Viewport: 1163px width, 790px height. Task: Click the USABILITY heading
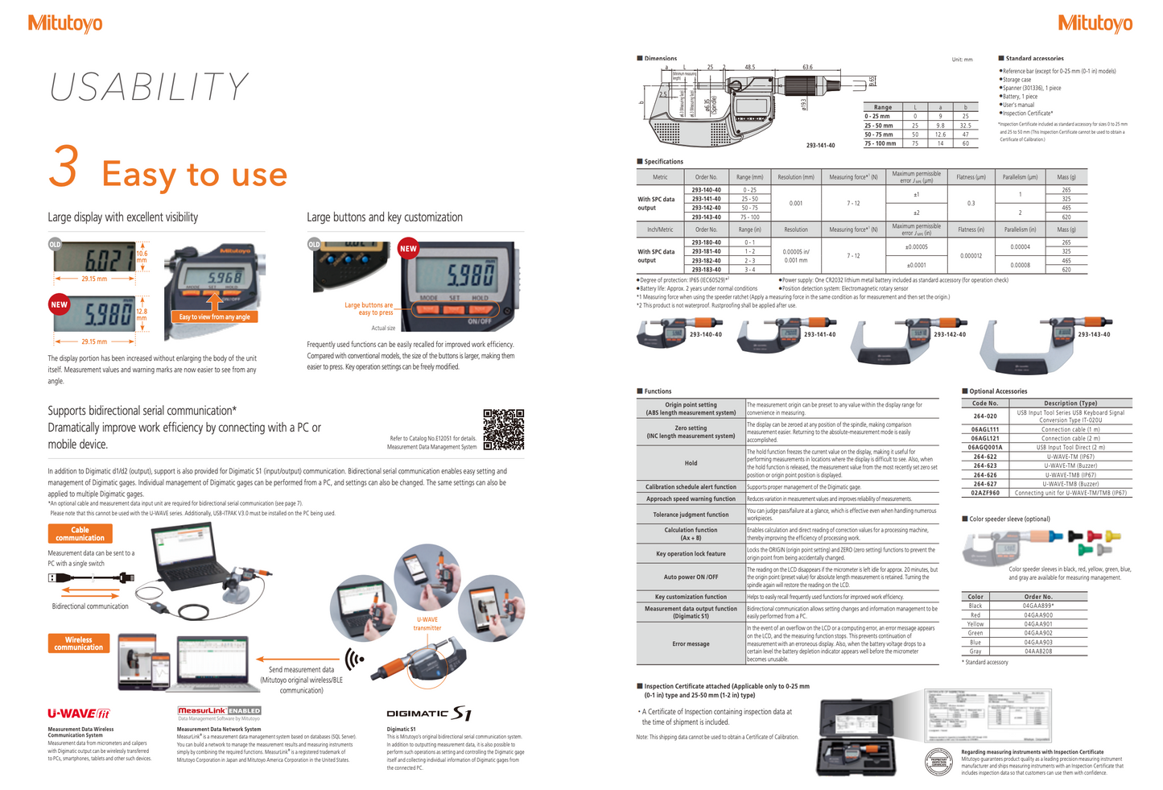149,87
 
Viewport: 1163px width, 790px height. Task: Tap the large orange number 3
64,167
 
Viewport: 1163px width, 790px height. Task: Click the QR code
503,429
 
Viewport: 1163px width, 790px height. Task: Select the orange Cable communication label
80,534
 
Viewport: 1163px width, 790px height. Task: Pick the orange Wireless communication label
78,643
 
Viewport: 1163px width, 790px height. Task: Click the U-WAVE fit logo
78,713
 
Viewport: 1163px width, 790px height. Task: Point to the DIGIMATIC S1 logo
428,713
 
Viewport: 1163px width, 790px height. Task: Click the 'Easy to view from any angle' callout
214,317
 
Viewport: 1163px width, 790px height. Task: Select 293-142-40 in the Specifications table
706,208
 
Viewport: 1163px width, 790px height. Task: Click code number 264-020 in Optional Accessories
984,416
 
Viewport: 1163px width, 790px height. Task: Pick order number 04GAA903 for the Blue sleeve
1037,642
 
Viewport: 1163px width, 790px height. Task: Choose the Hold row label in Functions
691,463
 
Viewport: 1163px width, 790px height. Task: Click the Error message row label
691,643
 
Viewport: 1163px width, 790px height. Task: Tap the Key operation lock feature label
691,554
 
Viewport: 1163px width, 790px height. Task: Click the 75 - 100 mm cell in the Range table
880,143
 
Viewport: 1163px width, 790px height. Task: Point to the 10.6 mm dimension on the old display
142,257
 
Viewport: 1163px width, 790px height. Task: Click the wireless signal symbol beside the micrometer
354,660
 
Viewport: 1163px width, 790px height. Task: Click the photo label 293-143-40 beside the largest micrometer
1094,334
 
